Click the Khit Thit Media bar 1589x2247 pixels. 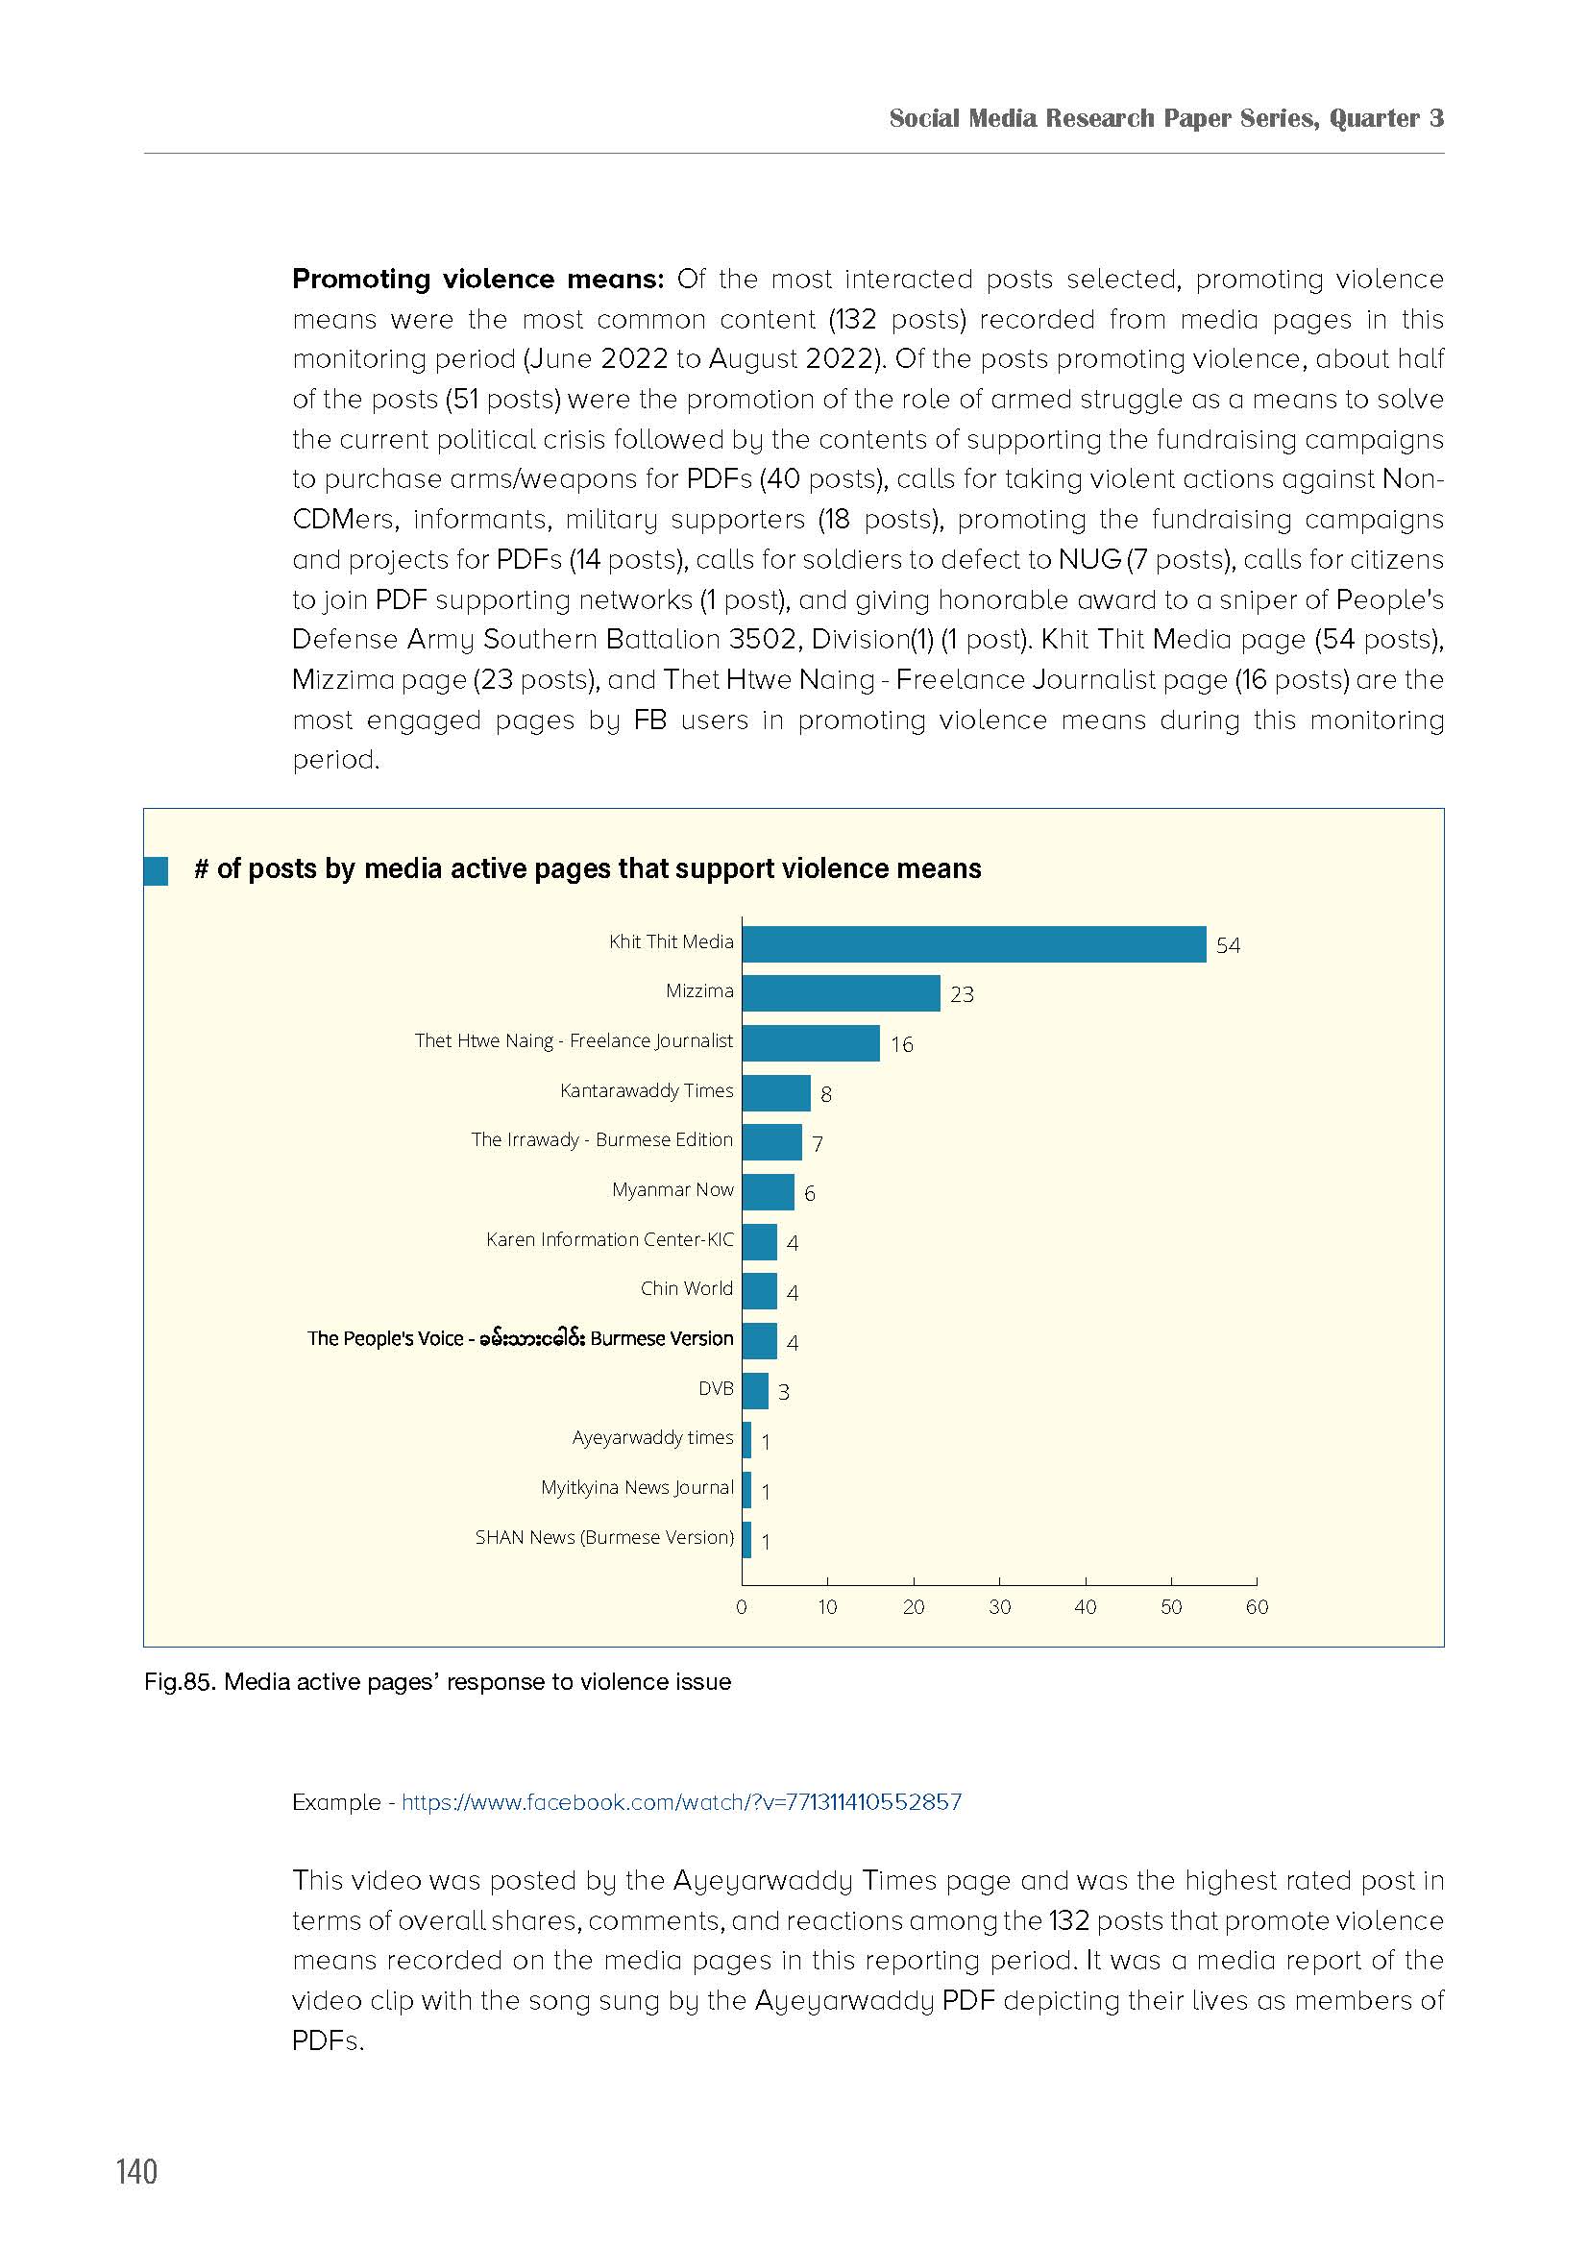pos(973,944)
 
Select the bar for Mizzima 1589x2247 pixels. pos(842,993)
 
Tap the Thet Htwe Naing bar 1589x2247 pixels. pos(811,1043)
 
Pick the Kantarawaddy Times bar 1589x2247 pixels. pos(777,1093)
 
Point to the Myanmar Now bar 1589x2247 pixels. pos(769,1192)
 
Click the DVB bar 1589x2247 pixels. pos(755,1391)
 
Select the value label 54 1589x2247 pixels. pos(1228,945)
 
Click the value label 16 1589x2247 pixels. pos(901,1045)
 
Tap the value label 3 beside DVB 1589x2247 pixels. pos(784,1392)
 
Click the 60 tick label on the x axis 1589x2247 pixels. pos(1257,1606)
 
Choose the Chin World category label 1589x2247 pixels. pos(687,1288)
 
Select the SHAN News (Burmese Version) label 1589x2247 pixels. pos(604,1536)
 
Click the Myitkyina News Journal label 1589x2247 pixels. pos(637,1487)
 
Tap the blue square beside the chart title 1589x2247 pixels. pos(156,870)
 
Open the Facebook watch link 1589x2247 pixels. pos(682,1801)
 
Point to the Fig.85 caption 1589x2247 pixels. pos(437,1682)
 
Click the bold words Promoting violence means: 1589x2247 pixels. pos(478,279)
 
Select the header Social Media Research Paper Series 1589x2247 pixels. pos(1103,118)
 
